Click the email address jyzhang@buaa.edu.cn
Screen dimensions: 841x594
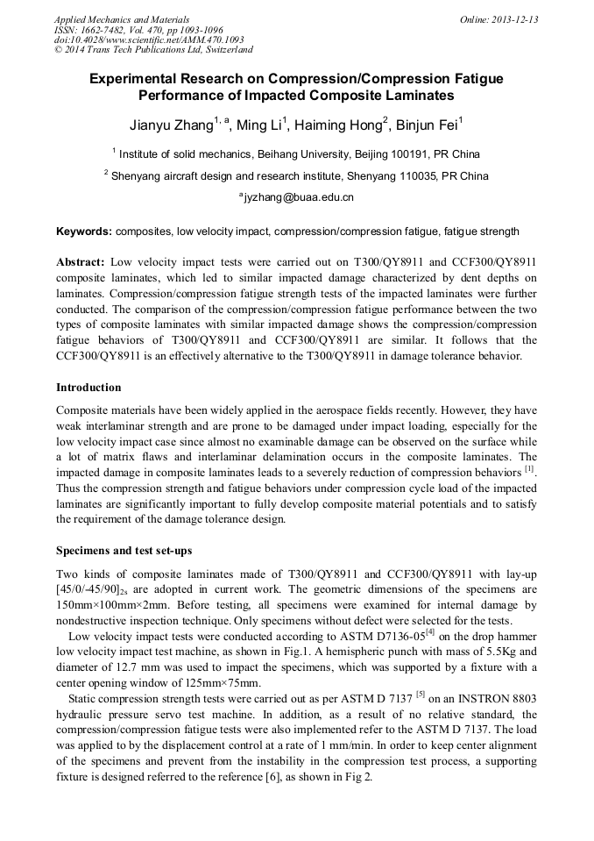pos(299,197)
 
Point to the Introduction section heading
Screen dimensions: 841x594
pos(88,387)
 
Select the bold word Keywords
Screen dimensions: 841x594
pos(83,232)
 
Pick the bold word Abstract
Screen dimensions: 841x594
pos(81,262)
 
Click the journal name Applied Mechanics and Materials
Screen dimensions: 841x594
pos(122,19)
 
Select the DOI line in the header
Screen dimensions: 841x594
pos(149,39)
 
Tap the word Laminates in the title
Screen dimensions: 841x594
pos(416,95)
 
